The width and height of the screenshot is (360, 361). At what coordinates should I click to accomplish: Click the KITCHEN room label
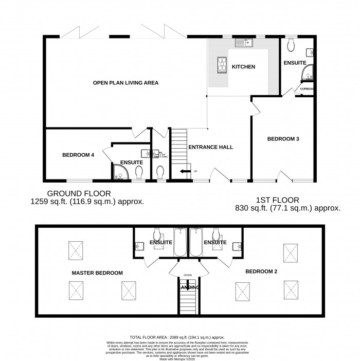pos(243,67)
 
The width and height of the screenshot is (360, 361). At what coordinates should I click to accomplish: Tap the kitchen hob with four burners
pos(221,65)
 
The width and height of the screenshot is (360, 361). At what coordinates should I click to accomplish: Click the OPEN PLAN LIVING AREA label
pos(125,82)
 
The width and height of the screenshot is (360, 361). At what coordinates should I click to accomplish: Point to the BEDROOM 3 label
pos(283,139)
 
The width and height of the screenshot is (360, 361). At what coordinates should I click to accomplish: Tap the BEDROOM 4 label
pos(78,155)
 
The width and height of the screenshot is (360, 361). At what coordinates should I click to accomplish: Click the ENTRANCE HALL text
pos(210,147)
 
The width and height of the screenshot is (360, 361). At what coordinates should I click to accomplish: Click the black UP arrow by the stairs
pos(184,171)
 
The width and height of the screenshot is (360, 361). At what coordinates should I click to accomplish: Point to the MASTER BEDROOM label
pos(97,273)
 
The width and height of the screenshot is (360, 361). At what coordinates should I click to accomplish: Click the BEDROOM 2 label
pos(261,271)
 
